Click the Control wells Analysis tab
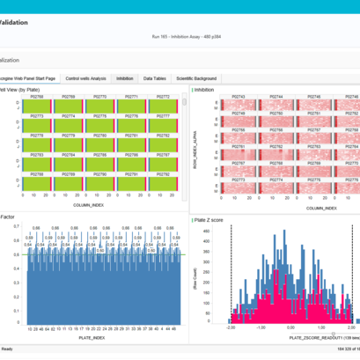pos(86,78)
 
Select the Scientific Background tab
pos(197,78)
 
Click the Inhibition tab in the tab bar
pos(125,78)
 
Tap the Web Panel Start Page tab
pos(31,78)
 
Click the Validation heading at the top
pos(26,21)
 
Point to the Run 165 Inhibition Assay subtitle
pos(180,37)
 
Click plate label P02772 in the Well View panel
pos(161,97)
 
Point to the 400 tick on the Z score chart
pos(218,234)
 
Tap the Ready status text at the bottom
pos(7,350)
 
